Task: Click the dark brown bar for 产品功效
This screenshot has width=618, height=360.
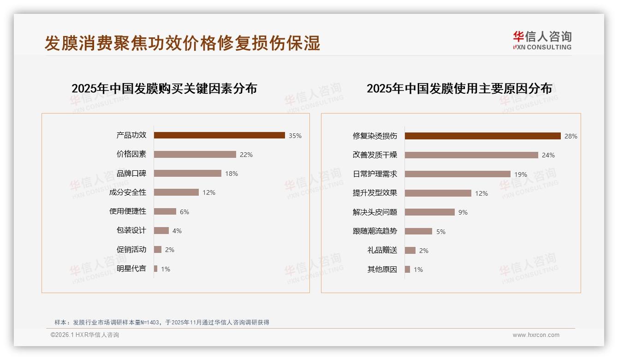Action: click(219, 135)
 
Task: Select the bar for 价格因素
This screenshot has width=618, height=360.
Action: click(195, 154)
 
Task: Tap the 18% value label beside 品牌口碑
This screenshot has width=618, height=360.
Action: click(232, 174)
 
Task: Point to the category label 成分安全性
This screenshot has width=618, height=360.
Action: click(128, 192)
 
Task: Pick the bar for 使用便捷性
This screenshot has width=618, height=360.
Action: click(165, 211)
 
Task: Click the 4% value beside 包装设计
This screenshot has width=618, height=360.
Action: click(177, 231)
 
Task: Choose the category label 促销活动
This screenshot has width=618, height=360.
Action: click(131, 250)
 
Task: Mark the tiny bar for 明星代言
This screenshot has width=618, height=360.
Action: click(156, 269)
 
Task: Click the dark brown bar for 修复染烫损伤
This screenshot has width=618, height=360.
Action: click(482, 136)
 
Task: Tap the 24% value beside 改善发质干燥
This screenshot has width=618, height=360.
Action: click(548, 155)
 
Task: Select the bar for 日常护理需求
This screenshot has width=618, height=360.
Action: click(458, 174)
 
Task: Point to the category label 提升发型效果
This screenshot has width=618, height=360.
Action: click(375, 193)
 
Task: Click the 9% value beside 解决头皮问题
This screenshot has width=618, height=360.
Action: click(463, 212)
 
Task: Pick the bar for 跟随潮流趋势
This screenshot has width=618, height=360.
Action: click(418, 231)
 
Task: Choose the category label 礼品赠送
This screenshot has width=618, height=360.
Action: click(382, 250)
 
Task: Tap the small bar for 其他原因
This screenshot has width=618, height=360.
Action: click(407, 269)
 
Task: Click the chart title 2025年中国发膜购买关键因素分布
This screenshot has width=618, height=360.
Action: click(164, 89)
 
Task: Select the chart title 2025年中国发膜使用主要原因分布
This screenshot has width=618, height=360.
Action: click(459, 89)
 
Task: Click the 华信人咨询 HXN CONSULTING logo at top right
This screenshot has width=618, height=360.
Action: click(542, 41)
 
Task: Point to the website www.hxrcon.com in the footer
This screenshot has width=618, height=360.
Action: click(536, 335)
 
